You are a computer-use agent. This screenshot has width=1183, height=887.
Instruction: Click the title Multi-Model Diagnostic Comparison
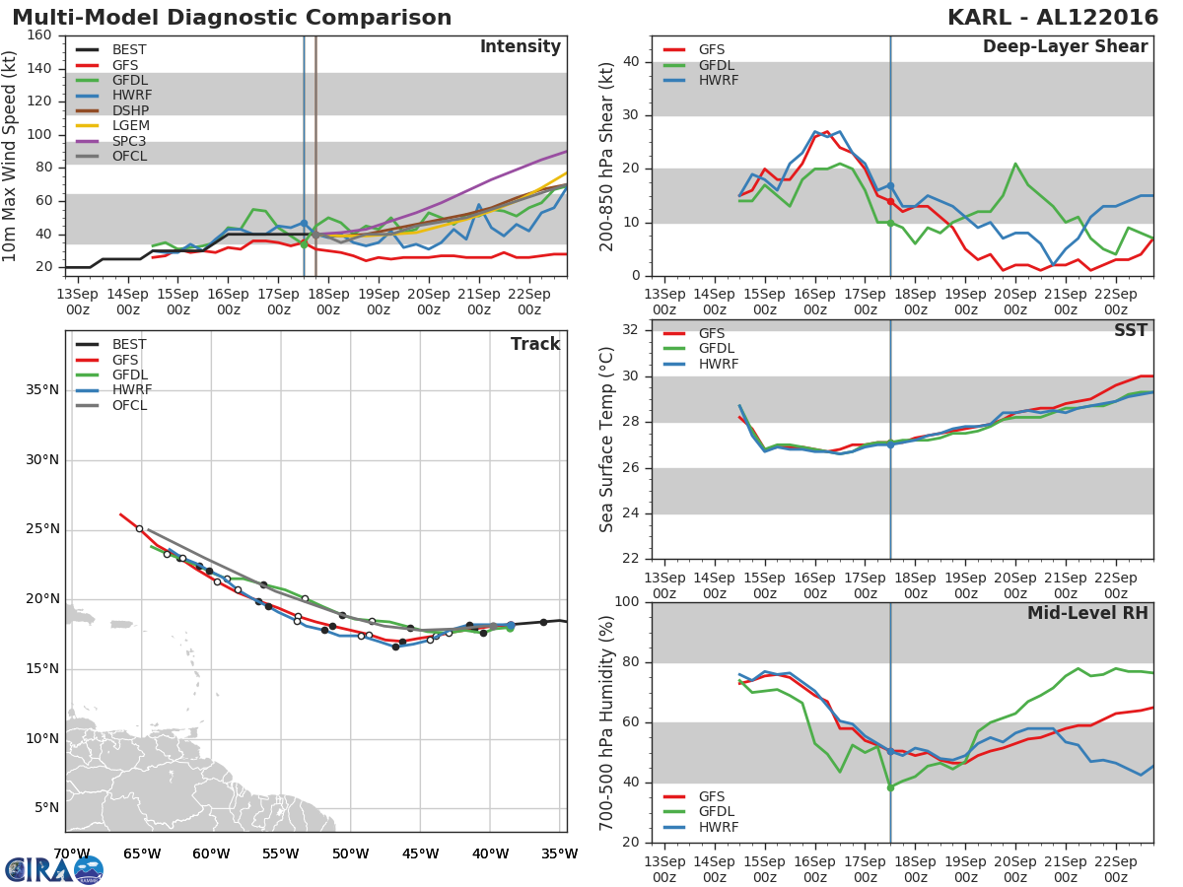pyautogui.click(x=232, y=18)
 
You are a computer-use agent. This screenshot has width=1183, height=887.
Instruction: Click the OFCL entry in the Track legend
pyautogui.click(x=129, y=405)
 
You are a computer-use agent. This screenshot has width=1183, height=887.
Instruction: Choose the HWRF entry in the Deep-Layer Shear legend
pyautogui.click(x=718, y=80)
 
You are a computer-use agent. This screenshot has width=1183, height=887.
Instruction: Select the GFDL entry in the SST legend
pyautogui.click(x=718, y=349)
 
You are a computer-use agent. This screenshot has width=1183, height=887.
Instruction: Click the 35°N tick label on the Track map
pyautogui.click(x=41, y=390)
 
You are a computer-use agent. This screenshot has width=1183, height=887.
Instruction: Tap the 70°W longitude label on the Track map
pyautogui.click(x=72, y=853)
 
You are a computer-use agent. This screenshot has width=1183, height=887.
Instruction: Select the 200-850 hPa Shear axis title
pyautogui.click(x=607, y=156)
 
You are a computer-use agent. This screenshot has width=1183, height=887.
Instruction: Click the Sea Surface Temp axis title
pyautogui.click(x=607, y=440)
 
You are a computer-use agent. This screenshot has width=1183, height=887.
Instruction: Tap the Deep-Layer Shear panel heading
pyautogui.click(x=1065, y=47)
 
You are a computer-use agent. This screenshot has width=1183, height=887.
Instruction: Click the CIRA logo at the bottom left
pyautogui.click(x=54, y=869)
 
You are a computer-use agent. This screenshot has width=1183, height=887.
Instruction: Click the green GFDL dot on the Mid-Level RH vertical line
pyautogui.click(x=890, y=787)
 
